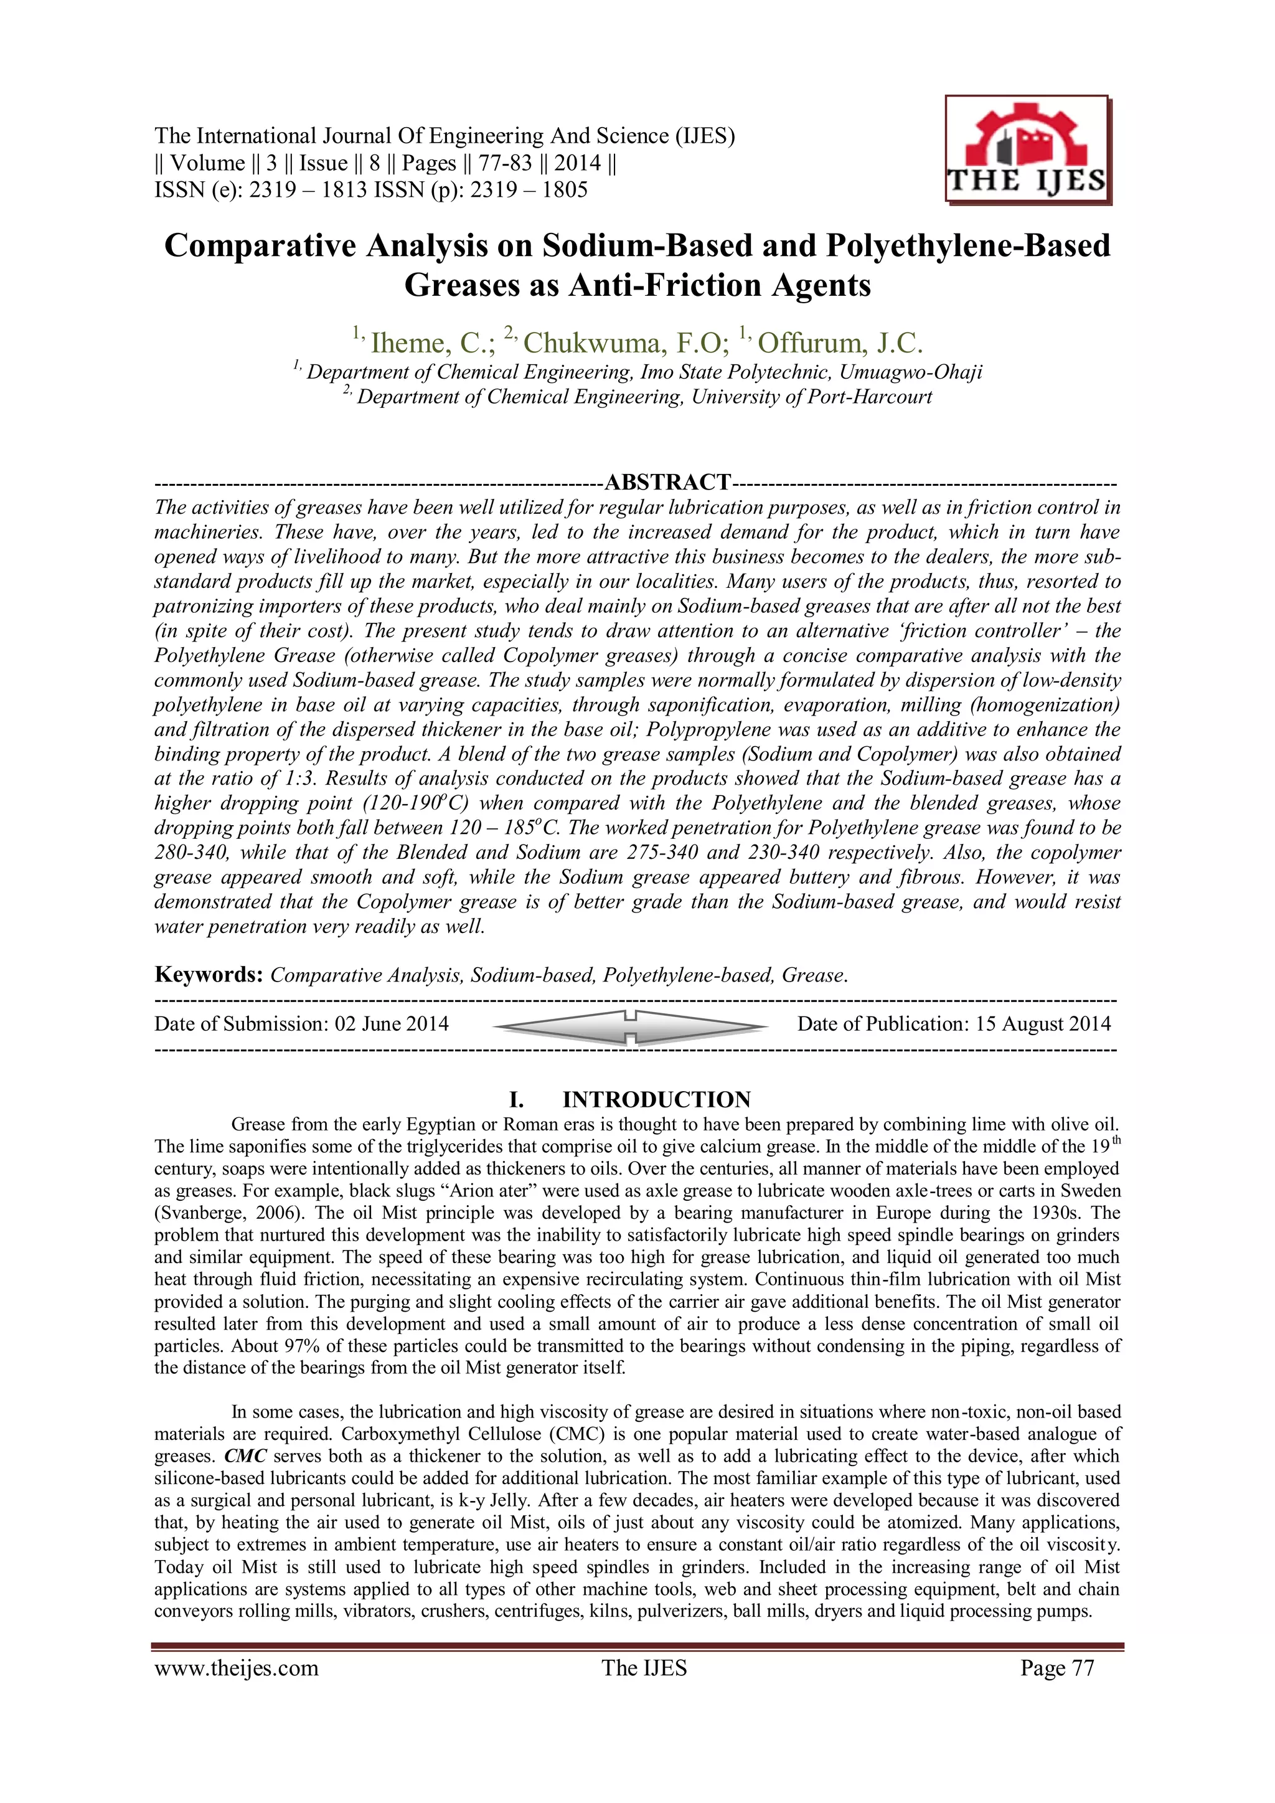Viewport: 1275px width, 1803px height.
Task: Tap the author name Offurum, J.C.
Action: coord(840,343)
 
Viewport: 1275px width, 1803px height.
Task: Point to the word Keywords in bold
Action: coord(208,975)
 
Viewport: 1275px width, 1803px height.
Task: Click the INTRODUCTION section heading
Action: coord(656,1099)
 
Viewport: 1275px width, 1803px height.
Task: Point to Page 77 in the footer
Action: coord(1056,1668)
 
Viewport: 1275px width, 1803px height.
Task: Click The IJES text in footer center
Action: coord(644,1668)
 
